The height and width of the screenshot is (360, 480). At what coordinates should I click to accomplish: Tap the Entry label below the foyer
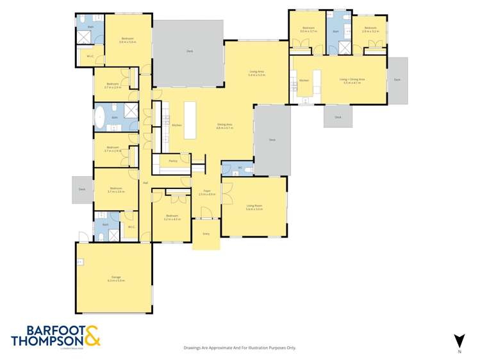[x=206, y=234]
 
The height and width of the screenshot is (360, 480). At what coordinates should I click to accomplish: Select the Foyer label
[x=207, y=190]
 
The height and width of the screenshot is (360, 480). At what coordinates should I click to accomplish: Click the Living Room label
[x=254, y=206]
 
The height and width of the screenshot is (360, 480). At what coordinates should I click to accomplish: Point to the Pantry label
[x=172, y=161]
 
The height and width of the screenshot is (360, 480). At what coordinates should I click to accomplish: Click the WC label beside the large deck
[x=239, y=168]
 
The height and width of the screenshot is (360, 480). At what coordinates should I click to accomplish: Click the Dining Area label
[x=224, y=124]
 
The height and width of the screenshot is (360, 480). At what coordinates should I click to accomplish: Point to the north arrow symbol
[x=458, y=341]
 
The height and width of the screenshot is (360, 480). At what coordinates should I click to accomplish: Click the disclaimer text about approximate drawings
[x=240, y=348]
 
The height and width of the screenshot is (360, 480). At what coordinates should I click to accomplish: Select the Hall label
[x=146, y=183]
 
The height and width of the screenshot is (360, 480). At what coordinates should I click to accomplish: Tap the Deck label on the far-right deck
[x=397, y=79]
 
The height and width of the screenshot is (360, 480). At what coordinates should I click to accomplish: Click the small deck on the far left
[x=82, y=190]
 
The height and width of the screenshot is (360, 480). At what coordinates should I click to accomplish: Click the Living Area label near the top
[x=256, y=71]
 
